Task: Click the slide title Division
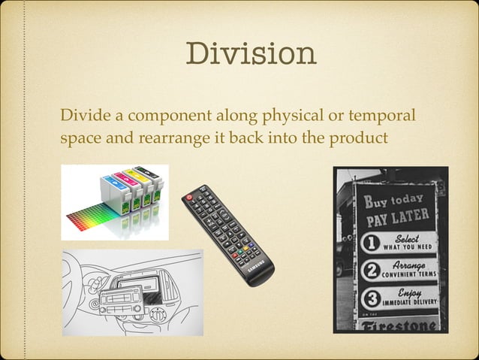(x=251, y=53)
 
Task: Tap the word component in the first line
(x=167, y=118)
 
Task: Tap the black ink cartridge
(x=155, y=181)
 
